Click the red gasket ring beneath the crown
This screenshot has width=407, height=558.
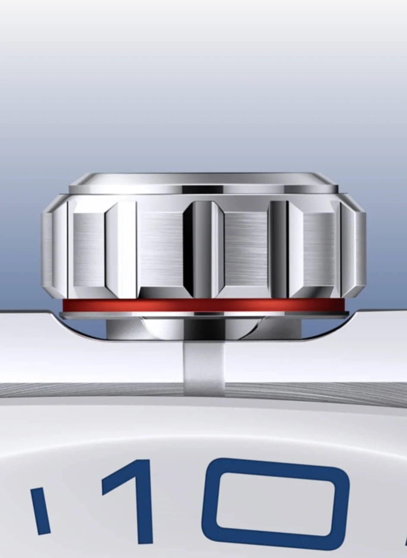click(x=203, y=306)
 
